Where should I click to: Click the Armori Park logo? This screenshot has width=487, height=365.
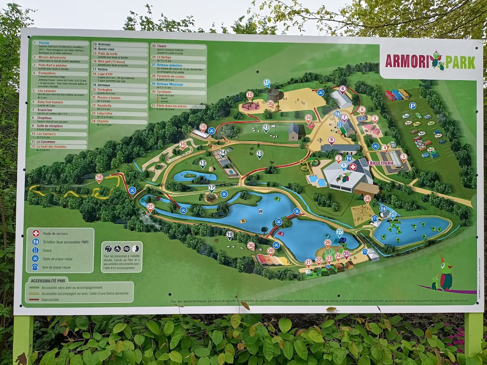click(430, 61)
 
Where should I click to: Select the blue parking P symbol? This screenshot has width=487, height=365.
click(412, 106)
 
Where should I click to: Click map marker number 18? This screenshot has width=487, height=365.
click(99, 177)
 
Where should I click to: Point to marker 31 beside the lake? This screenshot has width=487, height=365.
click(151, 206)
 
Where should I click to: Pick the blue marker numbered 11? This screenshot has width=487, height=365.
click(267, 83)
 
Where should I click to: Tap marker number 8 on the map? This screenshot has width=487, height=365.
click(343, 89)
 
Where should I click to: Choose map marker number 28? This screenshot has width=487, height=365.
click(367, 199)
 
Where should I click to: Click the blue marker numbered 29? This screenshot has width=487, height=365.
click(392, 214)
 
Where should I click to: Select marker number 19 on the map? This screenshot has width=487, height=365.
click(230, 234)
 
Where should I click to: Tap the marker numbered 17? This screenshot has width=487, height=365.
click(211, 188)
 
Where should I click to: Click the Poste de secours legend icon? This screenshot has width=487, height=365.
click(36, 233)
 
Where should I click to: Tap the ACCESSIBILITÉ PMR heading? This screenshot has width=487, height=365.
click(49, 280)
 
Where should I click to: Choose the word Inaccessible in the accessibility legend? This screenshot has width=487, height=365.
click(50, 300)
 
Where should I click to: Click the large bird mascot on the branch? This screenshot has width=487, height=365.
click(445, 276)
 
